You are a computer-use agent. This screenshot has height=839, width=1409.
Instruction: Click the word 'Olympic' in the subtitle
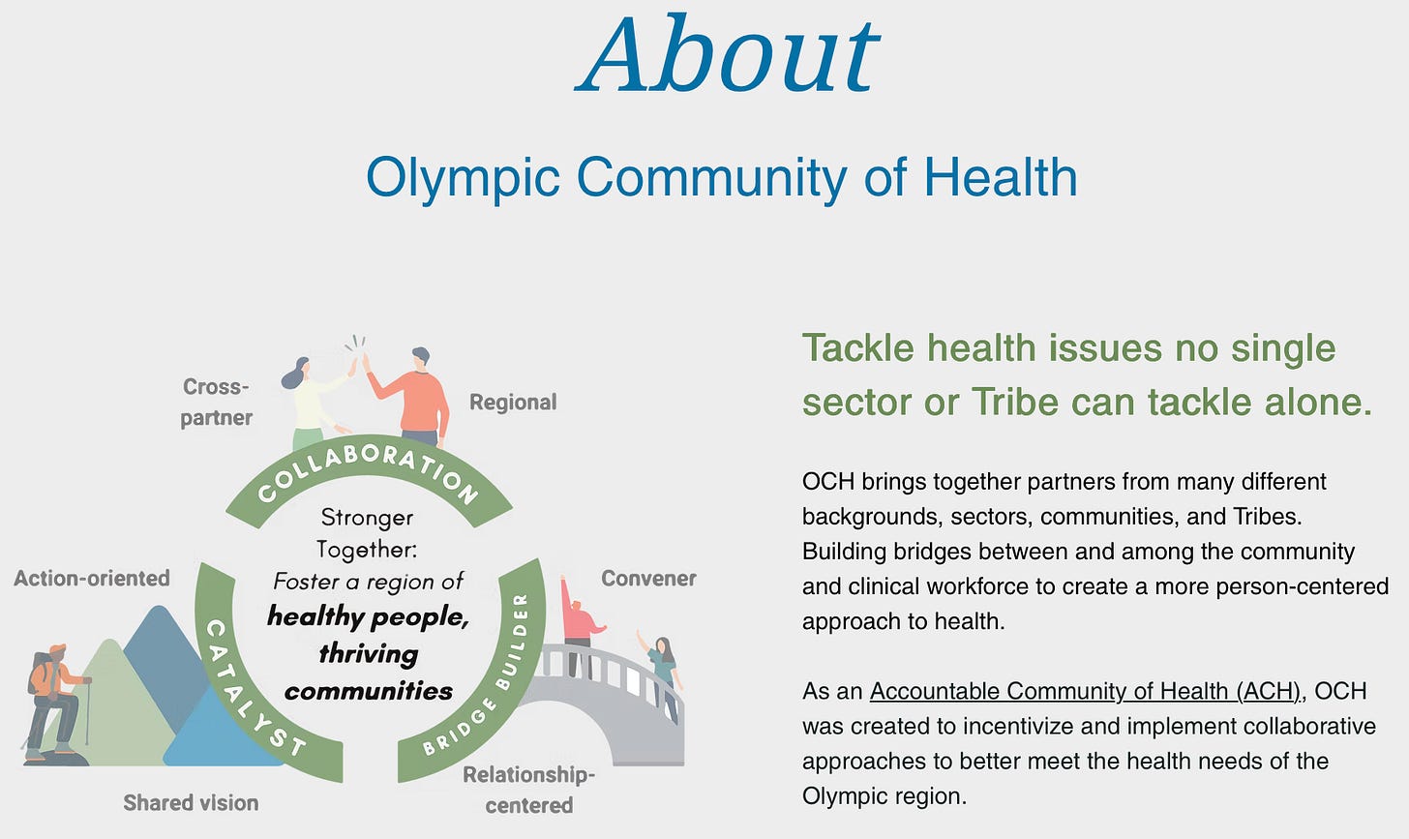coord(463,178)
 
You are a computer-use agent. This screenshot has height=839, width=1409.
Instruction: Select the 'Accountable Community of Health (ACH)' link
coord(1085,691)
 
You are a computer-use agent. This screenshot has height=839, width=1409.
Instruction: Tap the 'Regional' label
coord(513,402)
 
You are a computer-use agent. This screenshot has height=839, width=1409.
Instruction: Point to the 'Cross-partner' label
coord(216,402)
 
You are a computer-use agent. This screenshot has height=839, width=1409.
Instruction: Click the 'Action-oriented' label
coord(92,578)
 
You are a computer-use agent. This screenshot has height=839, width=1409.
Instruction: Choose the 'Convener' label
coord(648,578)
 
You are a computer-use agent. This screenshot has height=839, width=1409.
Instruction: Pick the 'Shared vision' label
coord(191,802)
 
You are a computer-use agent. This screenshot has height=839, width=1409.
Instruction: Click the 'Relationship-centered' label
coord(528,790)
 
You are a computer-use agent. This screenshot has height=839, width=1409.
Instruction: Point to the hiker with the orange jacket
coord(55,704)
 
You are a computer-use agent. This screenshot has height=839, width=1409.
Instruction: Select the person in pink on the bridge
coord(580,626)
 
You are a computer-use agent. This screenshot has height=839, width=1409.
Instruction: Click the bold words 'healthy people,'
coord(369,617)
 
